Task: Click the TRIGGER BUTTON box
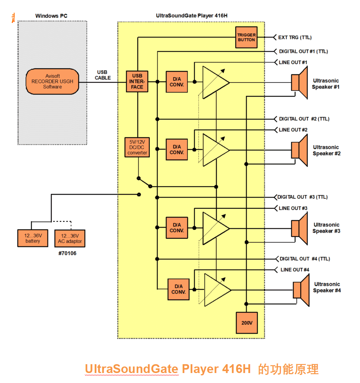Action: click(x=246, y=38)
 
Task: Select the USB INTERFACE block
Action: click(x=137, y=82)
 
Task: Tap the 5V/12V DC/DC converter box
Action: click(x=137, y=147)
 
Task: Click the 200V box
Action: click(x=246, y=323)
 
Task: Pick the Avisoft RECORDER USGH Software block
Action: click(x=52, y=81)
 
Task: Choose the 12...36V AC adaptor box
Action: click(x=69, y=238)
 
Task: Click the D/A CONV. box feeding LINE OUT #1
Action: click(x=177, y=82)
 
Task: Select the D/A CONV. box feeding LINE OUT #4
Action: click(x=178, y=289)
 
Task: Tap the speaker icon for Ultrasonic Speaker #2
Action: click(x=299, y=150)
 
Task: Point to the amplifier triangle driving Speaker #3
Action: click(x=215, y=228)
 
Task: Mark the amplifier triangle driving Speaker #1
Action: click(x=215, y=82)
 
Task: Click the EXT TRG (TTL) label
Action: click(x=295, y=38)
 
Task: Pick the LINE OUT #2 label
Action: click(x=293, y=130)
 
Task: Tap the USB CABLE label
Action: click(x=102, y=75)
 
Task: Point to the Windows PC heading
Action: click(x=51, y=16)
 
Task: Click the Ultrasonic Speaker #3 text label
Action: click(x=327, y=228)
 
